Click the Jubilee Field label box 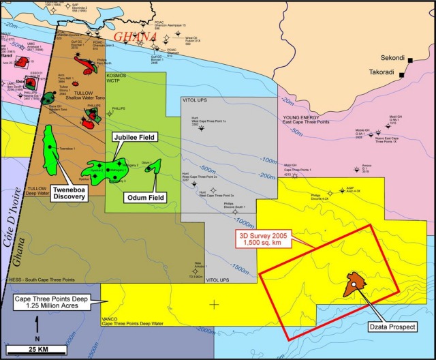coord(134,138)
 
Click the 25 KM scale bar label coord(37,350)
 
